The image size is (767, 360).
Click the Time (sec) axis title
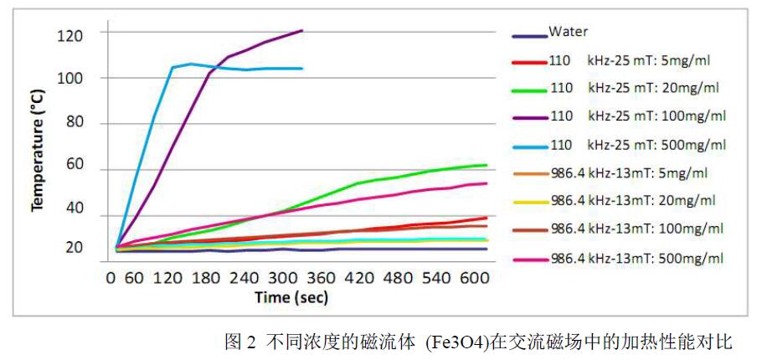(x=291, y=297)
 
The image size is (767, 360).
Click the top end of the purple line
(x=301, y=31)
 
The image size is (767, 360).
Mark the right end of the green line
(x=486, y=165)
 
